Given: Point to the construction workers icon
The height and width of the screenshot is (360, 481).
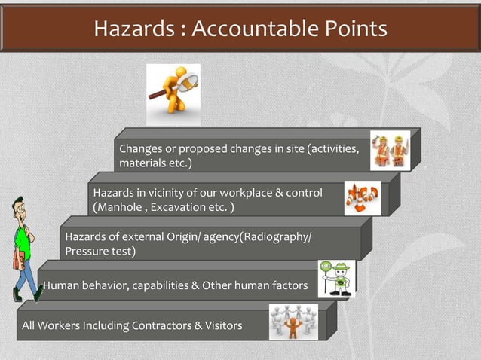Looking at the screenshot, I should click(390, 151).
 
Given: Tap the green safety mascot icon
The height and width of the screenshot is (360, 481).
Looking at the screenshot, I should click(336, 279).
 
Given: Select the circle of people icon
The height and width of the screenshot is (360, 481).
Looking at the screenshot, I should click(293, 322).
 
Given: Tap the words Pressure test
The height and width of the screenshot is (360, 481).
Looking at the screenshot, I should click(100, 252).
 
